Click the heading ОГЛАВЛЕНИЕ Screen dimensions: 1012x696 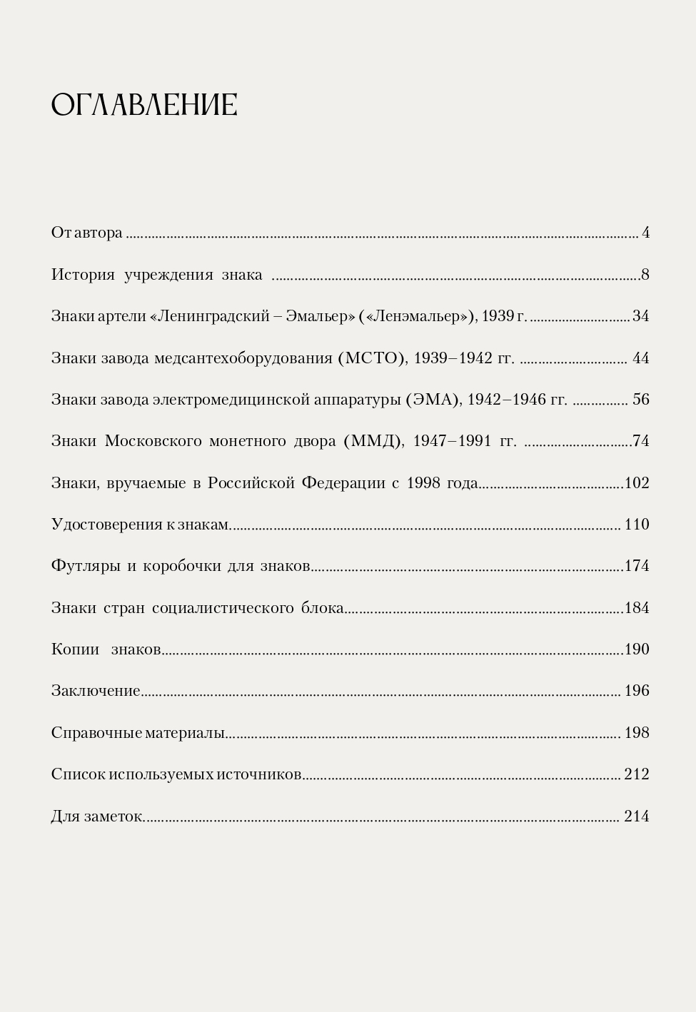(144, 105)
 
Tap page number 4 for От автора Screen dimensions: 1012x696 (645, 233)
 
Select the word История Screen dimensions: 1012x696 (83, 275)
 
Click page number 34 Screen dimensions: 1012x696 (640, 316)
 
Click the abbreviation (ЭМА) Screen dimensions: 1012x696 (433, 400)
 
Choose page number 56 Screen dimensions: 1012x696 (640, 400)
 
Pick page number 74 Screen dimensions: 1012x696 (640, 441)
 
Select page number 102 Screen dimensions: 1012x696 (637, 483)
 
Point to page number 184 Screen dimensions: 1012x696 (637, 608)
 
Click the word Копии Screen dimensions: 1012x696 (75, 649)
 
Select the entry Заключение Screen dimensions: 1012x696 (96, 691)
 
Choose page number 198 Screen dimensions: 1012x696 (637, 733)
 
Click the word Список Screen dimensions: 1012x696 (78, 774)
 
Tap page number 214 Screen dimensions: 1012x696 (637, 816)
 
